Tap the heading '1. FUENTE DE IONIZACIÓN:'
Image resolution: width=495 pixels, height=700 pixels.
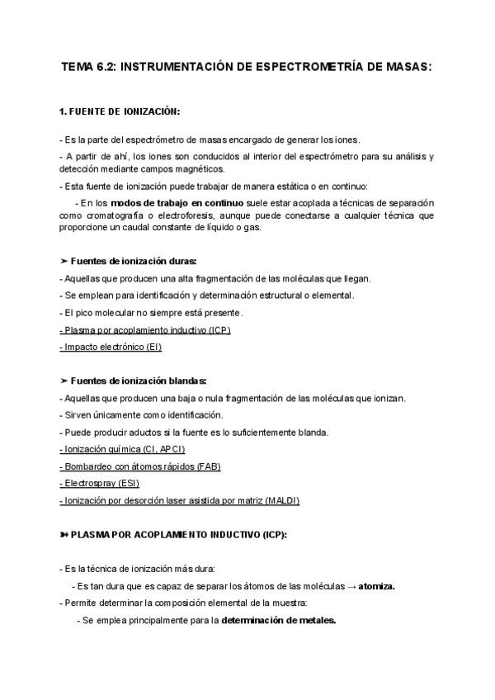[120, 111]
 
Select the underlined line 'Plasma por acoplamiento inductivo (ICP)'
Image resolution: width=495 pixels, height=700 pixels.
[145, 330]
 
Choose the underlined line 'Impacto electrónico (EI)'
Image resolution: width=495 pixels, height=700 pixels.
[111, 348]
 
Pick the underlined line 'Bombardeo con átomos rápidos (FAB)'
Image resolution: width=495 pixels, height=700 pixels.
[140, 466]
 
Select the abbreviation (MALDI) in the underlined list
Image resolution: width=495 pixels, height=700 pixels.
[282, 501]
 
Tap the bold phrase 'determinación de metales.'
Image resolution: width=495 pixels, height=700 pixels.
[279, 620]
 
